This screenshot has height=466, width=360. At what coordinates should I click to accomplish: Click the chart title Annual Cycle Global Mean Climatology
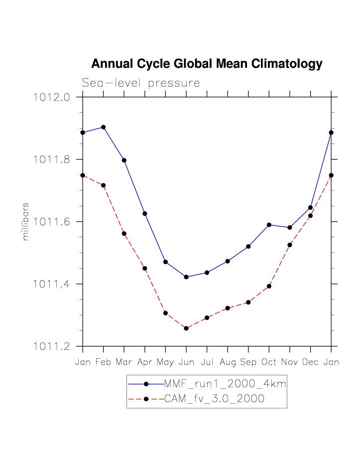(x=207, y=64)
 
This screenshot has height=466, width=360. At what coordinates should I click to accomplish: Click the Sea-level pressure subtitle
(x=141, y=83)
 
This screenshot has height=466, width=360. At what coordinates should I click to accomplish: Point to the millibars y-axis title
(x=26, y=222)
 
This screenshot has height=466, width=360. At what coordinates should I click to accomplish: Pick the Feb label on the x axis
(x=103, y=362)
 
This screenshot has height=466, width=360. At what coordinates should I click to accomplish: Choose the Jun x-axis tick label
(x=186, y=362)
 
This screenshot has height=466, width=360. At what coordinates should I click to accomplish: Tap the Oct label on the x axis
(x=269, y=362)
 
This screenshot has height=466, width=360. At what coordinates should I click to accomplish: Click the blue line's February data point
(x=103, y=127)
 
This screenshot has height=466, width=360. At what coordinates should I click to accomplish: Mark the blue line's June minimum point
(x=186, y=277)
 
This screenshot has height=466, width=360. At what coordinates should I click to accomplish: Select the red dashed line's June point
(x=186, y=328)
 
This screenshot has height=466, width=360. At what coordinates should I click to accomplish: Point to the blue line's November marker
(x=290, y=228)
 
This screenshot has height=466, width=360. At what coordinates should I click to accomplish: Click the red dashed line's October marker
(x=269, y=286)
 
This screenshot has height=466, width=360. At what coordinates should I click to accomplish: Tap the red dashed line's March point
(x=124, y=233)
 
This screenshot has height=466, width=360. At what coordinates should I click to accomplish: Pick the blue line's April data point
(x=145, y=213)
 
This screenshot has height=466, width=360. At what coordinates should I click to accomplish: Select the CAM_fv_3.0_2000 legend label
(x=214, y=399)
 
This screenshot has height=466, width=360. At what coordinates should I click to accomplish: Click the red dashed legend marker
(x=146, y=399)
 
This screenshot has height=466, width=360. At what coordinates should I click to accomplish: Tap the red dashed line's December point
(x=310, y=216)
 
